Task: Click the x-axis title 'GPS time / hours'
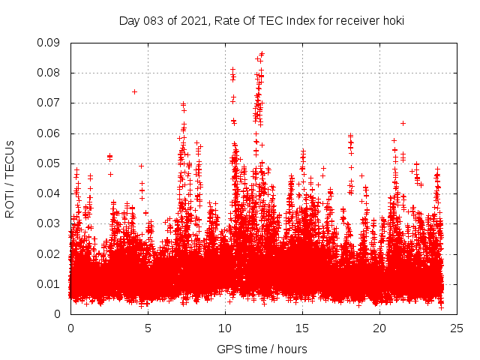coord(262,349)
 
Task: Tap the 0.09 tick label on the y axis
coord(50,43)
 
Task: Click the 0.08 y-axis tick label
coord(50,73)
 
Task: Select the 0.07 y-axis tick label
coord(50,103)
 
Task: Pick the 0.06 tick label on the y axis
coord(50,133)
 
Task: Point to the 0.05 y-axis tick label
coord(50,163)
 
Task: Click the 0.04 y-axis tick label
coord(50,193)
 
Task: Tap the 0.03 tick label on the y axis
coord(50,223)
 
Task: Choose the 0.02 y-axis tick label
coord(50,253)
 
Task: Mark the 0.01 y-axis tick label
coord(50,283)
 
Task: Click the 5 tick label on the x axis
coord(148,328)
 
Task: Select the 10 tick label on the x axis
coord(225,328)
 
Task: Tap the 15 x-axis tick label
coord(302,328)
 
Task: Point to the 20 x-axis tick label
coord(379,328)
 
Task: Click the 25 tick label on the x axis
coord(457,328)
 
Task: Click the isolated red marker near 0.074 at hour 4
coord(134,91)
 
